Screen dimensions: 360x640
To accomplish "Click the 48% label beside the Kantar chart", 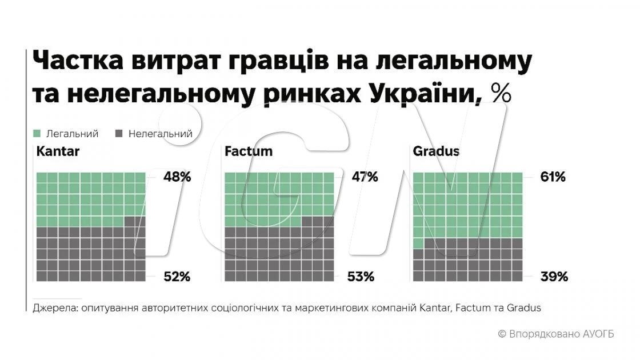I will [x=177, y=177].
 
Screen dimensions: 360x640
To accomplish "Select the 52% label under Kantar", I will [x=177, y=277].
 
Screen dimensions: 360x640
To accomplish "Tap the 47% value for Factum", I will [x=364, y=177].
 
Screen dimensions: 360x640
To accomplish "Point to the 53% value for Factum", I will [x=361, y=277].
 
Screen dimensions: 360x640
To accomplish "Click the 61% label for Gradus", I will [x=553, y=177].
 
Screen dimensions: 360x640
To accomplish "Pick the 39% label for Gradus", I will [x=554, y=277].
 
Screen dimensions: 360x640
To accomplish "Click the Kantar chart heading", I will [x=58, y=152].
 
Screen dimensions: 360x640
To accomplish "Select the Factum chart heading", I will [x=249, y=152].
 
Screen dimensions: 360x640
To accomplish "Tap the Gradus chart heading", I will [x=436, y=152].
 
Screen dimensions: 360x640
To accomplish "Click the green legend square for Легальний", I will [x=37, y=134].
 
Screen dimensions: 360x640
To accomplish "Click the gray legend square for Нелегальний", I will [x=119, y=134].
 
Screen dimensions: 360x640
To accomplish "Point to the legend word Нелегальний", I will [x=161, y=134].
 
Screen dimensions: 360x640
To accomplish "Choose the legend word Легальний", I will [x=73, y=134].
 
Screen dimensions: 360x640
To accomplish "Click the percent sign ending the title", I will [x=500, y=93].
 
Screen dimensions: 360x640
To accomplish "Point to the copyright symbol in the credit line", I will [x=502, y=334].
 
